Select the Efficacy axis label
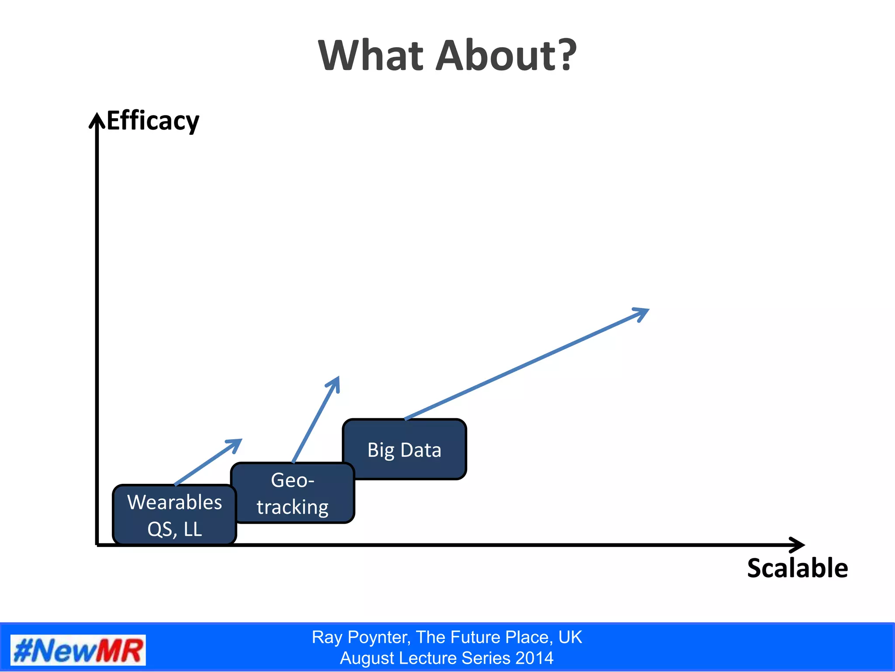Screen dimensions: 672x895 153,121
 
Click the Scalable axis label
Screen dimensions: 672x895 797,568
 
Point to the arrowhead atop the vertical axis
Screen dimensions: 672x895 97,119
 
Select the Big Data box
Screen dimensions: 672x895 404,449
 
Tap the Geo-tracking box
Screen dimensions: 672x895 292,493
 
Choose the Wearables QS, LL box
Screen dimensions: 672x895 174,515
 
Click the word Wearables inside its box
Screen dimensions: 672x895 174,502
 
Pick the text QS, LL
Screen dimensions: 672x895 174,529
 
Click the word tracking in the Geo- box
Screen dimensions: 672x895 292,507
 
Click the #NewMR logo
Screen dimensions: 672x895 78,651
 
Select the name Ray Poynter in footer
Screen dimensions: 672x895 361,637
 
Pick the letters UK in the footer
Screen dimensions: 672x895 570,637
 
